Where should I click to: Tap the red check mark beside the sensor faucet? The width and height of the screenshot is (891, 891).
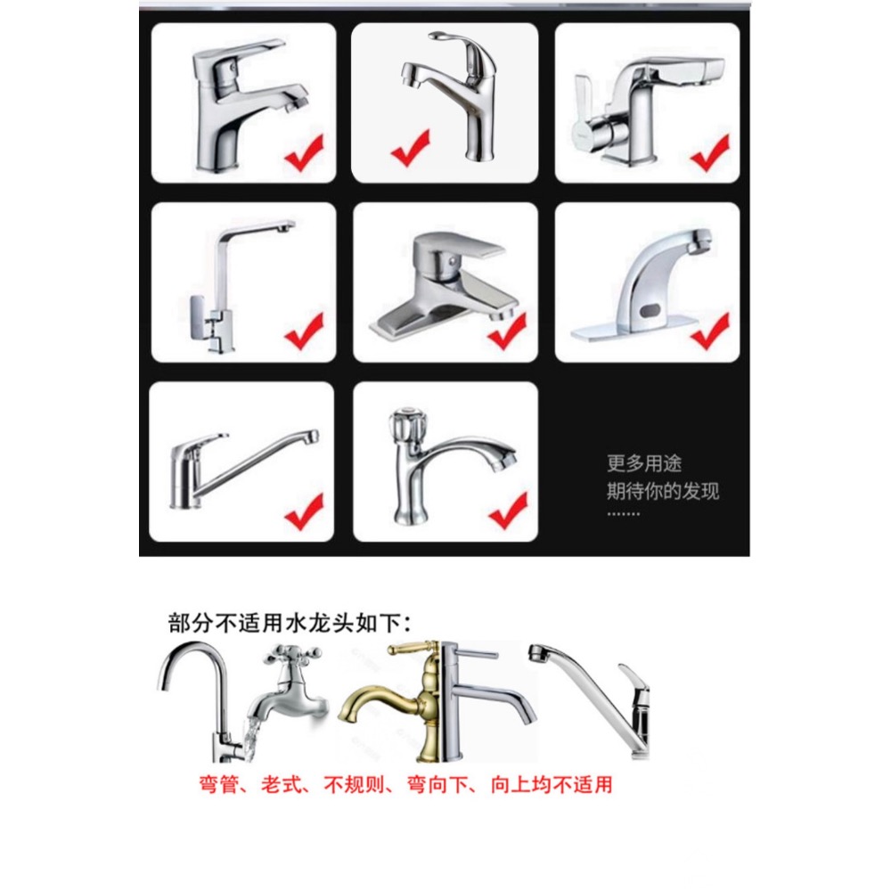point(709,331)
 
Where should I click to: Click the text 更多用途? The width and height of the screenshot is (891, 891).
point(645,463)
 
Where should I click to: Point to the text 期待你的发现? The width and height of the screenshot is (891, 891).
point(663,490)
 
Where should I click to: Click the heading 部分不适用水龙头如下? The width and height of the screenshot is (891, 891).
point(291,622)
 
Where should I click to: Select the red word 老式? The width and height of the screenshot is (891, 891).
point(282,785)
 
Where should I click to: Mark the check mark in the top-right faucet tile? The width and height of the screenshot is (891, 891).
point(710,153)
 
